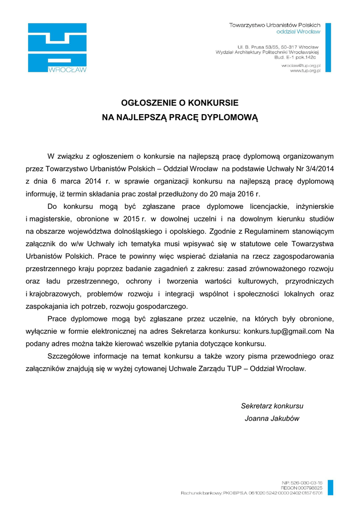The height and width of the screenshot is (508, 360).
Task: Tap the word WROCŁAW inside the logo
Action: [67, 69]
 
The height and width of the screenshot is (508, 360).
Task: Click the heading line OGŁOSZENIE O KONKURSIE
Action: [180, 103]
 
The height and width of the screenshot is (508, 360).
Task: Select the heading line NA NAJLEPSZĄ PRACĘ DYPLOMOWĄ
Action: [180, 118]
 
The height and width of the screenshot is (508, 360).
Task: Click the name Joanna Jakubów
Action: [272, 418]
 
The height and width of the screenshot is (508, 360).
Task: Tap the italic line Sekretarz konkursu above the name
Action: [272, 406]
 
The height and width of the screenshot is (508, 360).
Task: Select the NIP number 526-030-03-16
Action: [306, 482]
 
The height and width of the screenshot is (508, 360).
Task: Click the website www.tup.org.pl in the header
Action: [305, 71]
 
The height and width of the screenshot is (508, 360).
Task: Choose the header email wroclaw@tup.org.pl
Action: [301, 65]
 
